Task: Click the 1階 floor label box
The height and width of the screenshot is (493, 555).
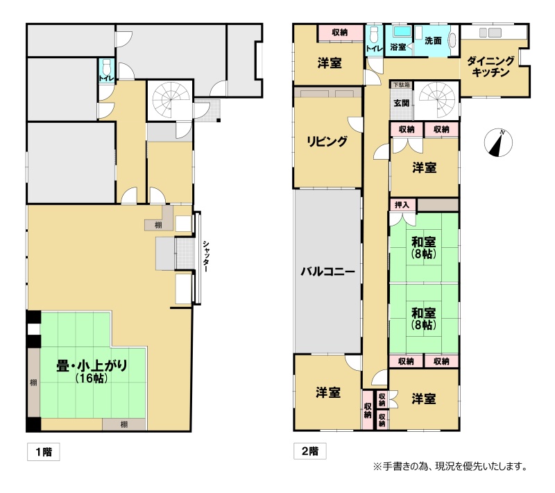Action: point(44,451)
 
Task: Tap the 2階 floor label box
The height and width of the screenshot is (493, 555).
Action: point(309,451)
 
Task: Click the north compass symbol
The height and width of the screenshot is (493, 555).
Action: point(498,142)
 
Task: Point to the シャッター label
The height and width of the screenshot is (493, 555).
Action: point(205,256)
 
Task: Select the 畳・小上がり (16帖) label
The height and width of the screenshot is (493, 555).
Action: point(92,371)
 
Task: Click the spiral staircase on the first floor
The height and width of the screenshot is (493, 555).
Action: point(169,100)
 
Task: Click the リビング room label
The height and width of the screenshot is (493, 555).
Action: point(327,142)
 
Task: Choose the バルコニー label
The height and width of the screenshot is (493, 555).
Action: point(327,271)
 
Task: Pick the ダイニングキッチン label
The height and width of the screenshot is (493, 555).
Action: point(490,66)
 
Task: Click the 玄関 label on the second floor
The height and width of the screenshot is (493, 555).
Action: point(402,103)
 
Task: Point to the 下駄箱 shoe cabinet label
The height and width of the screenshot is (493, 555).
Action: point(402,85)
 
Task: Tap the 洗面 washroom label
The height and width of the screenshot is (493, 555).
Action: point(433,41)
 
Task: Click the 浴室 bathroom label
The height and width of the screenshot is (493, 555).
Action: point(398,47)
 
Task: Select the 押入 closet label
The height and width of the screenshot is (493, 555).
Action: point(402,205)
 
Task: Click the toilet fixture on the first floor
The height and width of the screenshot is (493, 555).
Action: point(106,67)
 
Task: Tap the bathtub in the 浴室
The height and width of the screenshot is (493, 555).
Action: point(402,31)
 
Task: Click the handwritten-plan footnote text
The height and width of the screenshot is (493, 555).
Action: point(450,467)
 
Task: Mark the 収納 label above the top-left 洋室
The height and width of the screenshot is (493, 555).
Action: point(340,32)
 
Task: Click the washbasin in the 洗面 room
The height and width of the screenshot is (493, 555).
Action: point(453,40)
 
